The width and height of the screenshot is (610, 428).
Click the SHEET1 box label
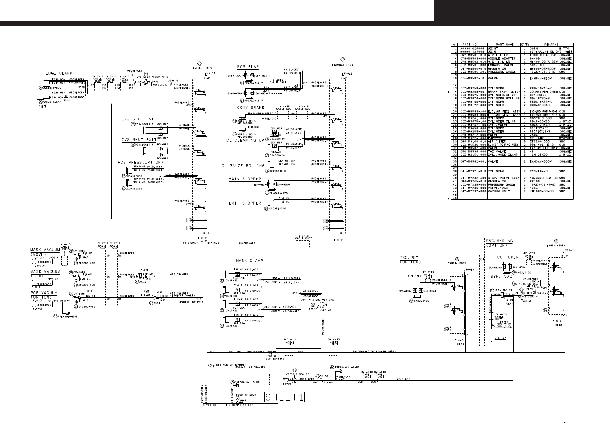(284, 397)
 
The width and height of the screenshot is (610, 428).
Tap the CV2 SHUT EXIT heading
(139, 140)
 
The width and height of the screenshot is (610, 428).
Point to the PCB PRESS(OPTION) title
(141, 163)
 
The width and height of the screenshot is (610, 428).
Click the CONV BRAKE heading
(251, 108)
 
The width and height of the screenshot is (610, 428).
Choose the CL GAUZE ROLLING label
(243, 166)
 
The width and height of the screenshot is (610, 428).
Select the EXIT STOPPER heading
(245, 203)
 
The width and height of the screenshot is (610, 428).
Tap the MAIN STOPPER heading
(245, 179)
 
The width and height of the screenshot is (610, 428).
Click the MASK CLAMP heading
(249, 261)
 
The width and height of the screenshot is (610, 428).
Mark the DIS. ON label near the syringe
(500, 337)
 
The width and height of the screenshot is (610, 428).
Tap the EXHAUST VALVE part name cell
(501, 65)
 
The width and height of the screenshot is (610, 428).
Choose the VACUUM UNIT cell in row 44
(501, 191)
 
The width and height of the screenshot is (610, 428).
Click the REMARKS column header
(552, 45)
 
